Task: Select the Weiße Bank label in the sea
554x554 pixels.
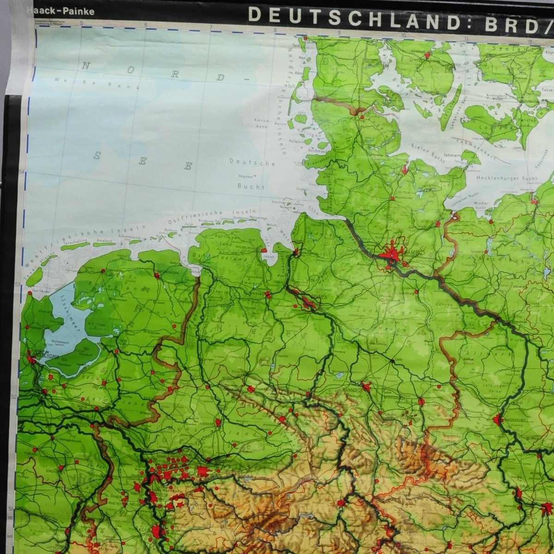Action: click(84, 82)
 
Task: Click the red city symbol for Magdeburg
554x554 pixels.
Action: click(498, 420)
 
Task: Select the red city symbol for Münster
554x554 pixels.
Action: click(217, 422)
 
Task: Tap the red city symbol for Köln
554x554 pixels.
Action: click(157, 531)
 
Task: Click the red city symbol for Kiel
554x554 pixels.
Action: click(404, 169)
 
